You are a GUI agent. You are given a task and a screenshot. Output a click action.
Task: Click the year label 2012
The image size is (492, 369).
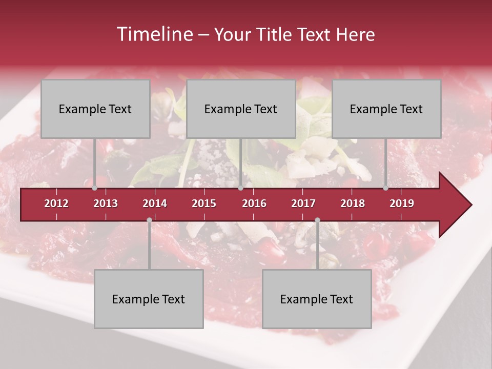(56, 203)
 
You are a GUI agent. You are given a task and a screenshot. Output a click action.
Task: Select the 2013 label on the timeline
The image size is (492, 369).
(106, 203)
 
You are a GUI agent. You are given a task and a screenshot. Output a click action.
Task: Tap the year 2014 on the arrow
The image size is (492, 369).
(155, 203)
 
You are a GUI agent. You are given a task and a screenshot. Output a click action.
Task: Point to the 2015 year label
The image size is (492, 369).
(204, 203)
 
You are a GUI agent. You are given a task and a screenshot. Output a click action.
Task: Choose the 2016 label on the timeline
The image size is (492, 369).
(254, 203)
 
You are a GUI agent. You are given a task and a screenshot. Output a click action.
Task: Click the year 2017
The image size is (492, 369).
(303, 203)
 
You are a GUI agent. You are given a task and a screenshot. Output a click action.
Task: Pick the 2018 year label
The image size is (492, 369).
(353, 203)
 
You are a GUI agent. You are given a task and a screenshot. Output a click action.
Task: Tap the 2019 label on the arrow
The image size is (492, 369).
(402, 203)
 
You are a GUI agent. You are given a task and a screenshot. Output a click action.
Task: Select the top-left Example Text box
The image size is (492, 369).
(95, 109)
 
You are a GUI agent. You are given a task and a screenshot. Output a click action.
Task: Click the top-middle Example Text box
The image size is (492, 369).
(241, 109)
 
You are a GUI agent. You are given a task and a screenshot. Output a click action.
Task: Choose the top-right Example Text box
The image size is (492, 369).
(386, 109)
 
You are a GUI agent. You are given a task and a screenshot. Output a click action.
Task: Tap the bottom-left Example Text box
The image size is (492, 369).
(149, 299)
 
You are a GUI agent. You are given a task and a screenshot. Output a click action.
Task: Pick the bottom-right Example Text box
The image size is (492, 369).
(317, 299)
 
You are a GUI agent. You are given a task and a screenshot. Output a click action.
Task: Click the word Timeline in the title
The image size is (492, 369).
(154, 34)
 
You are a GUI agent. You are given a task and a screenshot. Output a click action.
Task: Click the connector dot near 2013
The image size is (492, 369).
(94, 188)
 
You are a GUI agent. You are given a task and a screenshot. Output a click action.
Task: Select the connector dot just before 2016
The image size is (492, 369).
(241, 188)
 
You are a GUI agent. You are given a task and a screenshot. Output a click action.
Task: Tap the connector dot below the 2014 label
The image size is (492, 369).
(149, 220)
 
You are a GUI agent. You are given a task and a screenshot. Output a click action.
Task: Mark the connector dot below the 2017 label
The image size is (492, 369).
(317, 220)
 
